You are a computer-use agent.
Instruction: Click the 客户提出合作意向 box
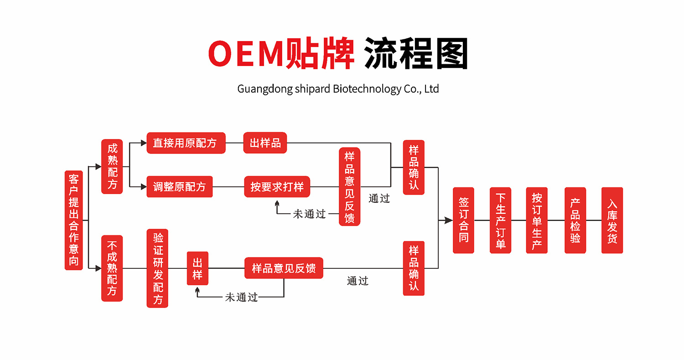click(74, 220)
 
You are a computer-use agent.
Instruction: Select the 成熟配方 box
click(112, 167)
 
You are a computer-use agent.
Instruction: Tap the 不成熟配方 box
click(112, 268)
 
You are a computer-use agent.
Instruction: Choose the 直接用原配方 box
click(186, 143)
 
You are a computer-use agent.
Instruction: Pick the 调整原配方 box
click(180, 186)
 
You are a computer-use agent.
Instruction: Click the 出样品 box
click(265, 143)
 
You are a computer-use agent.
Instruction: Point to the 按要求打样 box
click(277, 186)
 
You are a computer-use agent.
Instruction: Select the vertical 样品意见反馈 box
click(350, 186)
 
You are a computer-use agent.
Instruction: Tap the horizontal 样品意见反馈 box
click(284, 268)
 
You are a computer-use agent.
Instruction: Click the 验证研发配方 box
click(157, 268)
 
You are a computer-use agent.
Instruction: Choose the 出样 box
click(197, 268)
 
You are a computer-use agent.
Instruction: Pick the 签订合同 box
click(463, 220)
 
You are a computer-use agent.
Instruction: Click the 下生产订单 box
click(500, 220)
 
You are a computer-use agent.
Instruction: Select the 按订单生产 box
click(537, 220)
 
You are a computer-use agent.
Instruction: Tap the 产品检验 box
click(575, 220)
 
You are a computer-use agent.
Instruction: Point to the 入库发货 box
click(612, 220)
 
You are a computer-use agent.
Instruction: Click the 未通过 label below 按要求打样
click(309, 214)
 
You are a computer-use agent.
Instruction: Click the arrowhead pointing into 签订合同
click(449, 221)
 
